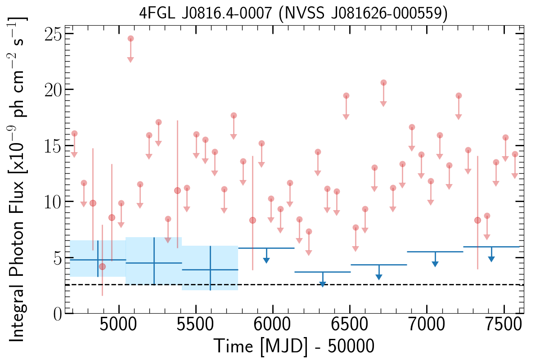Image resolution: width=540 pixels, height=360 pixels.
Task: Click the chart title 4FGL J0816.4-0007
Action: point(205,13)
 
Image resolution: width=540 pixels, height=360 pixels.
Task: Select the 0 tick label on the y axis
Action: point(58,314)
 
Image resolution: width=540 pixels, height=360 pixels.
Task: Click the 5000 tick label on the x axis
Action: point(118,324)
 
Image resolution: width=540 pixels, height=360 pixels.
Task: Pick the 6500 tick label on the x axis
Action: point(350,324)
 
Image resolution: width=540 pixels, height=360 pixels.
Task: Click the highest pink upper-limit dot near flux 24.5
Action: point(130,39)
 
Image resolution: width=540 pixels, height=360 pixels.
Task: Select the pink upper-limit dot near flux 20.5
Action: point(383,83)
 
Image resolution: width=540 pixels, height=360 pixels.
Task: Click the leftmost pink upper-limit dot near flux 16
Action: point(75,134)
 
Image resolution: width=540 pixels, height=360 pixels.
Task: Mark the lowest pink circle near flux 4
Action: point(103,267)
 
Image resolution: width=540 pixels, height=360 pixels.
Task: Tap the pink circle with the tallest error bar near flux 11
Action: point(177,191)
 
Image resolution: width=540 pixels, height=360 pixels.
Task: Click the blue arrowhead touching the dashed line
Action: point(323,284)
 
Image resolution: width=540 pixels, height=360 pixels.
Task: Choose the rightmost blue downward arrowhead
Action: point(491,259)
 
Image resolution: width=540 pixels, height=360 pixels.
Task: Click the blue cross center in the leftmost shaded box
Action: point(98,260)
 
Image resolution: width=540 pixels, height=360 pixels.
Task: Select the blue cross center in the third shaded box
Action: point(211,270)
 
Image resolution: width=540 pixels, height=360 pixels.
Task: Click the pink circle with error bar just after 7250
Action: point(477,220)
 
